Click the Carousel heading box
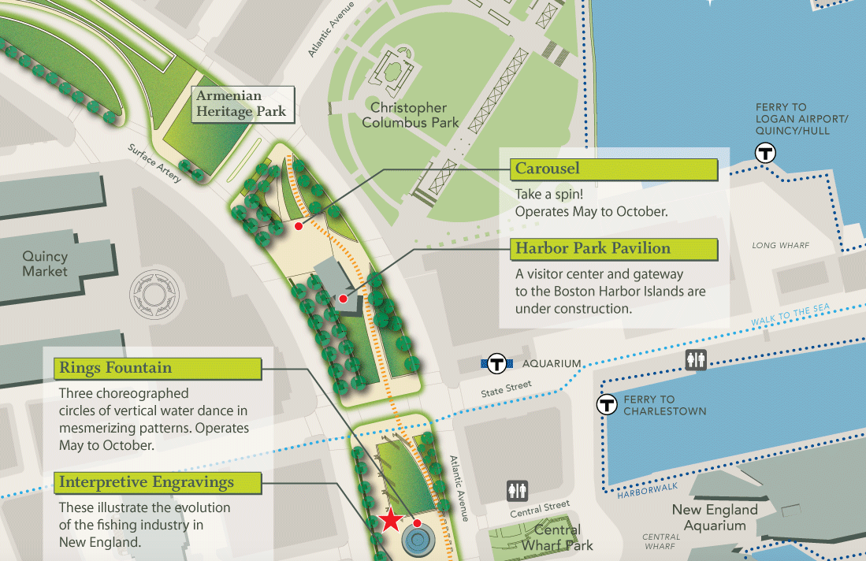(615, 169)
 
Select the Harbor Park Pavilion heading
(615, 249)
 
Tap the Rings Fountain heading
(158, 368)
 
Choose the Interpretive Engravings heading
(158, 482)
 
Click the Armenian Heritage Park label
(241, 104)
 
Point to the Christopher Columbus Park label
(408, 115)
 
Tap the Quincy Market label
(45, 264)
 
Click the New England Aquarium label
(715, 518)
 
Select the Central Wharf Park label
(557, 537)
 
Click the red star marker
(390, 520)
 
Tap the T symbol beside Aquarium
(496, 364)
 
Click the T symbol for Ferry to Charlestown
(607, 405)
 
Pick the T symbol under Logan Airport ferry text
(765, 153)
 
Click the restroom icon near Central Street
(517, 491)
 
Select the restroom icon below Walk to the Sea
(696, 360)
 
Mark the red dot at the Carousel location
(298, 226)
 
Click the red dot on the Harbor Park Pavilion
(343, 299)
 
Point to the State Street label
(507, 388)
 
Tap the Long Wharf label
(780, 246)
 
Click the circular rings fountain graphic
(418, 541)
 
